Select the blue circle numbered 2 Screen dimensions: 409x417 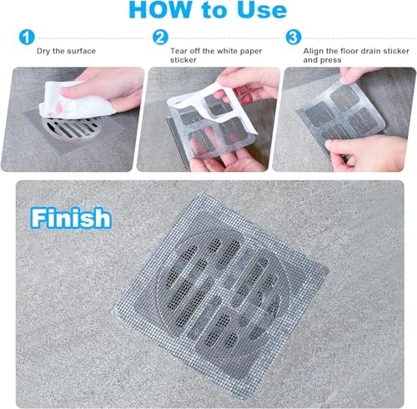pyautogui.click(x=159, y=38)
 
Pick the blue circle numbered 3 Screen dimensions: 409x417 pyautogui.click(x=293, y=38)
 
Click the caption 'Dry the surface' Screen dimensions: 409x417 pyautogui.click(x=68, y=51)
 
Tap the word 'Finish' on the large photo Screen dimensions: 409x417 pyautogui.click(x=71, y=219)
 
